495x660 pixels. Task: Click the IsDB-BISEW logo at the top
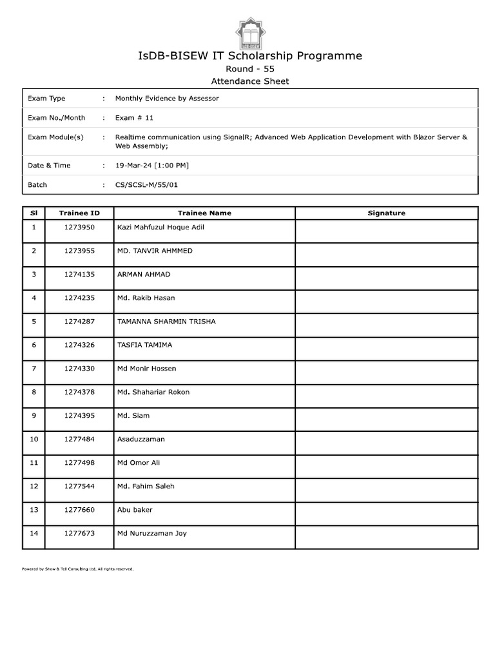point(250,30)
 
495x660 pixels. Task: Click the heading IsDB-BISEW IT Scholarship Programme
point(250,56)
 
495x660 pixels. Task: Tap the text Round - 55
point(250,69)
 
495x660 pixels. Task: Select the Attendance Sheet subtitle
point(250,81)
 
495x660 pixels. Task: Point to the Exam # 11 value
point(134,118)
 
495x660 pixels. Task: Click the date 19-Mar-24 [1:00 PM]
point(151,166)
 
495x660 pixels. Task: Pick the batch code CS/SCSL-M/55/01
point(146,185)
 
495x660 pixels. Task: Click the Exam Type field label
point(46,99)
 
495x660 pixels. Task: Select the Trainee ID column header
point(79,213)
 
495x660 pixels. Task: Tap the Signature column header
point(386,213)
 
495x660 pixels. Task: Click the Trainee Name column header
point(204,213)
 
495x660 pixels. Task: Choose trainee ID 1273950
point(79,228)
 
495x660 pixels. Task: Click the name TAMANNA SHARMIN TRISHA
point(166,322)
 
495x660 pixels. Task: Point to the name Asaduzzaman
point(141,439)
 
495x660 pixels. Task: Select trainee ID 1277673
point(79,534)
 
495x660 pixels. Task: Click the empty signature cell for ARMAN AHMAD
point(386,278)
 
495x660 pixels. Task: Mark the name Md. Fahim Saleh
point(146,487)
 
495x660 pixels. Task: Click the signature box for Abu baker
point(386,514)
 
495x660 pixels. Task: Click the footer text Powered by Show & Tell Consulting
point(77,569)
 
